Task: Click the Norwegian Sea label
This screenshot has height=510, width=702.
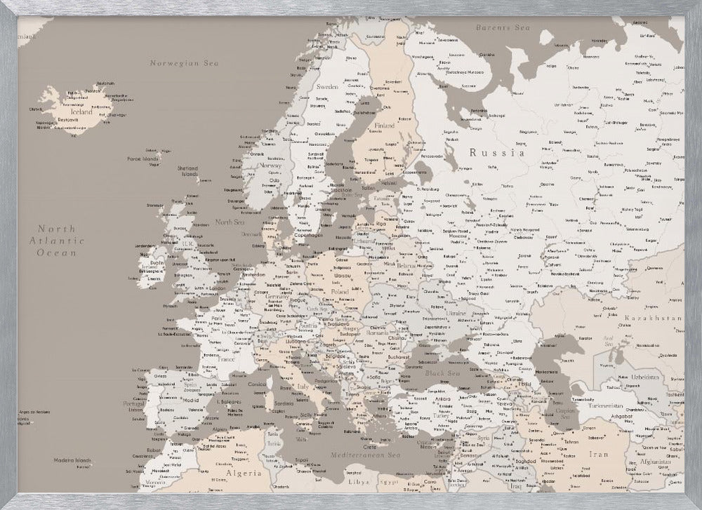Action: pos(185,63)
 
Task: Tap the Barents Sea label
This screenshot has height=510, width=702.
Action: pos(501,27)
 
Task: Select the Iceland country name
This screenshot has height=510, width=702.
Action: pos(81,112)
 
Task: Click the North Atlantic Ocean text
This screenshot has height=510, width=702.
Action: pos(61,241)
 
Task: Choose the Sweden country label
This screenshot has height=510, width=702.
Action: pos(327,86)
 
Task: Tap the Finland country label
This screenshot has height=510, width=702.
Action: pos(385,126)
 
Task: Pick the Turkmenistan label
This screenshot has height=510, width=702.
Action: pos(607,406)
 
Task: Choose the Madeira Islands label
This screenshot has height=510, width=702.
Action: pos(74,460)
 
